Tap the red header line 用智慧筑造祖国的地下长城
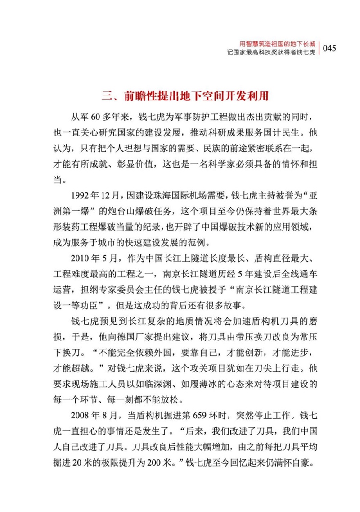pos(277,44)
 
